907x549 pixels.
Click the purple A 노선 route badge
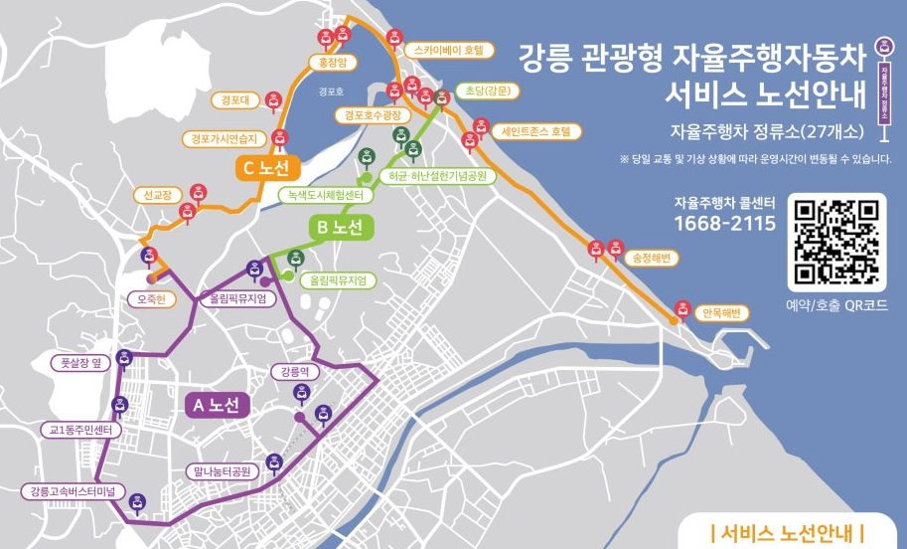click(218, 405)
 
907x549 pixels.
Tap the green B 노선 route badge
click(341, 227)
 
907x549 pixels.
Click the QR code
click(836, 241)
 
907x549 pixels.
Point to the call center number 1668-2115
click(724, 223)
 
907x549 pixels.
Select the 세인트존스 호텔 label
click(532, 130)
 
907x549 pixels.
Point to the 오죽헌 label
click(152, 297)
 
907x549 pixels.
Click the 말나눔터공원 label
click(222, 470)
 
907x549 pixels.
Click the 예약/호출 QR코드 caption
click(836, 305)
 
